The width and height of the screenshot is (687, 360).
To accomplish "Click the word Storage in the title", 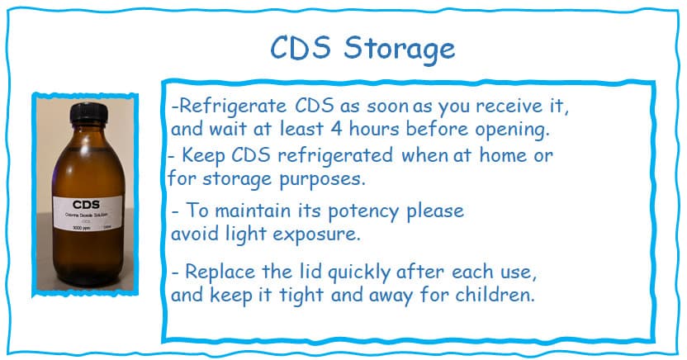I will point(399,48).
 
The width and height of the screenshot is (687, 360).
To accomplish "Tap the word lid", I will point(306,271).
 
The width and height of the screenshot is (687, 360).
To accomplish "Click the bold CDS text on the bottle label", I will point(86,204).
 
